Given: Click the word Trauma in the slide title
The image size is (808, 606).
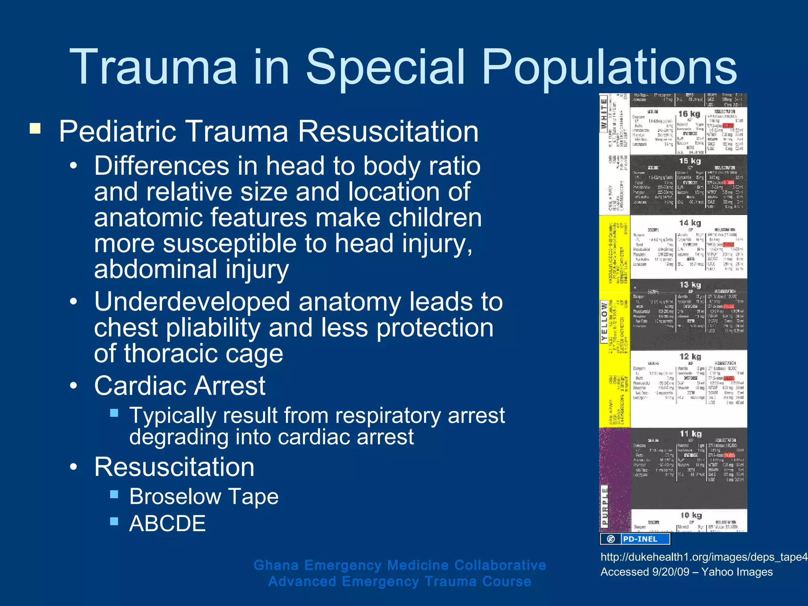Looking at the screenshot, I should [x=153, y=67].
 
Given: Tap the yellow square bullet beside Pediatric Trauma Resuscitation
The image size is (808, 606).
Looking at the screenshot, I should [x=35, y=129].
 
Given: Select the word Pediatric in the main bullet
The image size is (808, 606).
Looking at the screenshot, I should [x=117, y=131].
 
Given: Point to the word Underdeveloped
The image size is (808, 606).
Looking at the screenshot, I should [x=192, y=302].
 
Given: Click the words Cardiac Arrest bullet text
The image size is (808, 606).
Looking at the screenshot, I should [x=180, y=385].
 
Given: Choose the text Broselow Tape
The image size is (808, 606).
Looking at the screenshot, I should [x=204, y=496].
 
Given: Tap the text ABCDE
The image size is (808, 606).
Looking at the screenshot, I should [x=167, y=524].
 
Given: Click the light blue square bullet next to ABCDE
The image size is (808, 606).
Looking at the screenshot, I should [x=114, y=522].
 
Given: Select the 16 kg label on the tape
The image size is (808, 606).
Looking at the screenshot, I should [x=689, y=114].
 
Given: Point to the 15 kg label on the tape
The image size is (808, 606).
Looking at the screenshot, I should [x=690, y=161].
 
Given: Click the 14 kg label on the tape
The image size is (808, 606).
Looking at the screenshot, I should [x=690, y=223].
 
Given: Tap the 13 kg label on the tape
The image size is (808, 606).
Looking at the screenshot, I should [x=690, y=285].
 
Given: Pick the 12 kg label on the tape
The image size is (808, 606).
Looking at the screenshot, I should [x=690, y=357].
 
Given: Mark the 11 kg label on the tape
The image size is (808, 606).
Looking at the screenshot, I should [x=690, y=434].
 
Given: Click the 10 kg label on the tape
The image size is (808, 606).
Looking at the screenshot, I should [x=690, y=515].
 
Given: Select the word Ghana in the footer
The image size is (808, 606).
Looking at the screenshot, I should [x=276, y=565].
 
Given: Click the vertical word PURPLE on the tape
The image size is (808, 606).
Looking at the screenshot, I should [x=604, y=506].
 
